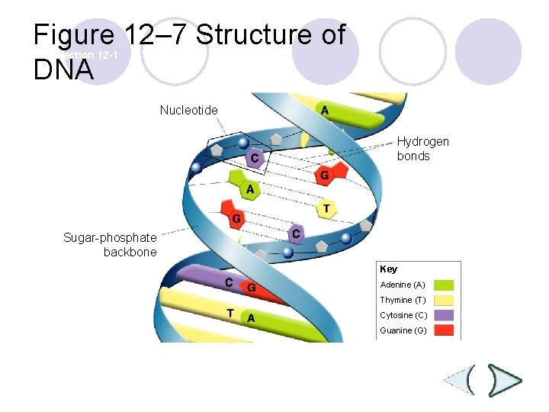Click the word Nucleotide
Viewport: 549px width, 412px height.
pyautogui.click(x=188, y=110)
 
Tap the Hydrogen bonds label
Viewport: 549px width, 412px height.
pyautogui.click(x=422, y=149)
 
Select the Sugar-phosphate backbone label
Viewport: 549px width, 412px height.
pyautogui.click(x=110, y=245)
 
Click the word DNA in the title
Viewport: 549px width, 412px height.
pyautogui.click(x=63, y=70)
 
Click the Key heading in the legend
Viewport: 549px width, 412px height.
pyautogui.click(x=388, y=269)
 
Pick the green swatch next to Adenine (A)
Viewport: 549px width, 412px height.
pyautogui.click(x=448, y=285)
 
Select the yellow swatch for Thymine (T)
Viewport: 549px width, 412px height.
pyautogui.click(x=448, y=301)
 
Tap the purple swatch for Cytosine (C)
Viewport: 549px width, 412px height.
pyautogui.click(x=448, y=315)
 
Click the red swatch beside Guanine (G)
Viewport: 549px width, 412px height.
pyautogui.click(x=448, y=330)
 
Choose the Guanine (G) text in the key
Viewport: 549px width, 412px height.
pyautogui.click(x=403, y=330)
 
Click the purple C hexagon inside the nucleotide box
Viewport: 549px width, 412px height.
pyautogui.click(x=255, y=158)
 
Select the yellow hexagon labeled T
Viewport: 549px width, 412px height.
pyautogui.click(x=326, y=208)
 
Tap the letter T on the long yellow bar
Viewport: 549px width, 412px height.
pyautogui.click(x=230, y=313)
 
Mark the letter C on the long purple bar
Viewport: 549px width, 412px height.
pyautogui.click(x=228, y=282)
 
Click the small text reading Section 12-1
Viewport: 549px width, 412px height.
pyautogui.click(x=89, y=56)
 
